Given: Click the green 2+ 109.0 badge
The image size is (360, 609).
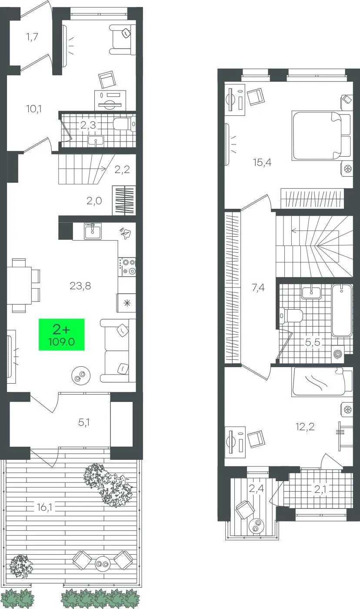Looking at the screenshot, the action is point(61,335).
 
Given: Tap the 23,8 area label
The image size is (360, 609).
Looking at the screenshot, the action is point(80,286).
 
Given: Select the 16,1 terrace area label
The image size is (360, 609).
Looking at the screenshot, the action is point(44,507).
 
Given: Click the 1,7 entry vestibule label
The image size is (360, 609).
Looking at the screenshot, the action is point(32,37).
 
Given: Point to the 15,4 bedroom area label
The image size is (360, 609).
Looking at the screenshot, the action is point(262,162).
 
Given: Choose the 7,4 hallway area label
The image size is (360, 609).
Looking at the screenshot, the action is point(258,287).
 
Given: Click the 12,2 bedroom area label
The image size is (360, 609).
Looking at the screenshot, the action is point(305,427).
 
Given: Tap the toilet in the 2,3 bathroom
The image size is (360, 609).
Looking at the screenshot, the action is point(124,124).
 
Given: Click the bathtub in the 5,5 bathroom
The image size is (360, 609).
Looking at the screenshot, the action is point(342,310).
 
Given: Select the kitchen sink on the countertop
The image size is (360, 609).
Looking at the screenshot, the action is point(93,231).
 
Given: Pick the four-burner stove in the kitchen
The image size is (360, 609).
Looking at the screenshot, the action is point(127,267).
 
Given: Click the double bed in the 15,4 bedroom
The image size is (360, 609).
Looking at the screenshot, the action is point(320,135).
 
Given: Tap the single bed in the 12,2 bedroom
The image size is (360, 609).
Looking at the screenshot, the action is point(322,381).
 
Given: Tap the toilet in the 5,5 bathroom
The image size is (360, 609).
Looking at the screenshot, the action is point(291,316).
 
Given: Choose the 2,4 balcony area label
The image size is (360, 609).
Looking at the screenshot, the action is point(257,489).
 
